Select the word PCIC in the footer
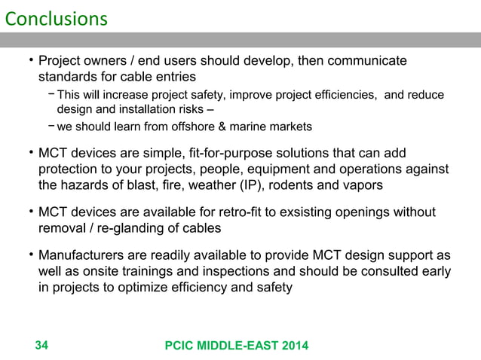point(182,346)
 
